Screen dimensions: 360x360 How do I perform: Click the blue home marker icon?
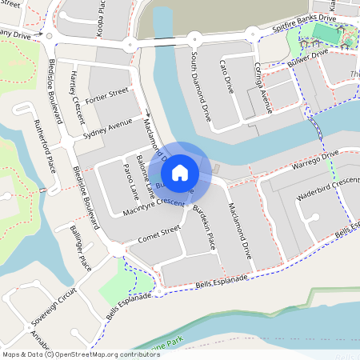pos(180,172)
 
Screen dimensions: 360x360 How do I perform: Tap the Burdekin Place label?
pos(203,228)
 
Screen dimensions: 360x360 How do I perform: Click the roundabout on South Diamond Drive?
pos(194,37)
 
